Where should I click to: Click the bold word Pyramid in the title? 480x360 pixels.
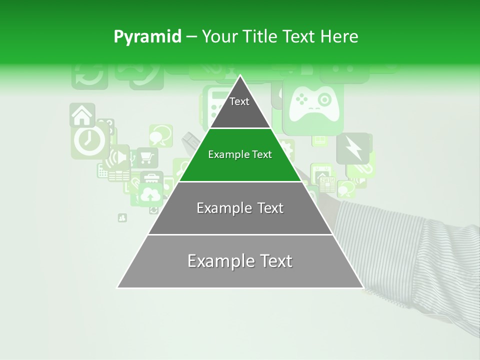point(147,36)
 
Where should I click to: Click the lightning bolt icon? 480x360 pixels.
point(352,148)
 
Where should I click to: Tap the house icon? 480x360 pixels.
point(82,115)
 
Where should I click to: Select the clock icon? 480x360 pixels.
point(89,140)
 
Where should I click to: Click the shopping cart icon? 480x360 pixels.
point(146,157)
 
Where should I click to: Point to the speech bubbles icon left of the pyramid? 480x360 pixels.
point(160,135)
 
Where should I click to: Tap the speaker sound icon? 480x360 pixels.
point(119,157)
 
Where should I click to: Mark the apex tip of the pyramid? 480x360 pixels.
point(240,76)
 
